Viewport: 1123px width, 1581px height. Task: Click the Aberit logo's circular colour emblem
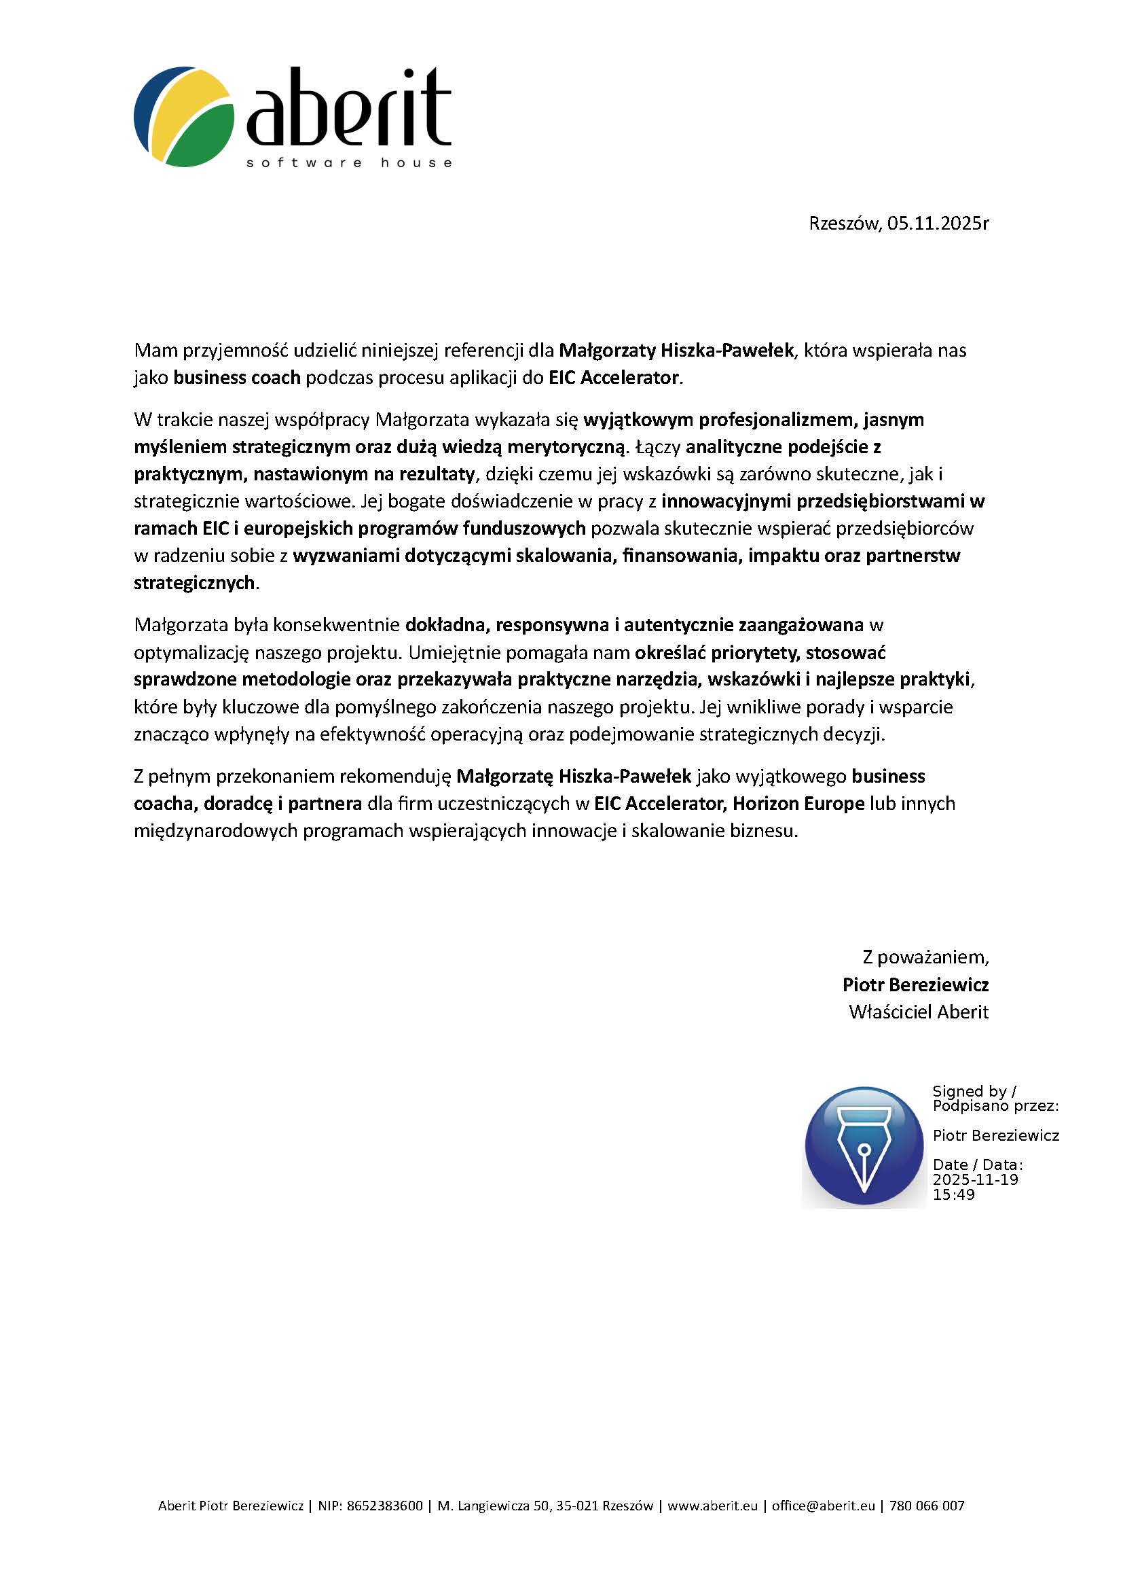pyautogui.click(x=184, y=116)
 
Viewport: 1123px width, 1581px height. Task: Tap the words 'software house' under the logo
pyautogui.click(x=349, y=163)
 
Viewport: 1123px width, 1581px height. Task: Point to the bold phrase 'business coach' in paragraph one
pyautogui.click(x=237, y=377)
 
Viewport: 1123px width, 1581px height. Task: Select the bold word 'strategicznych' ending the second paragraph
pyautogui.click(x=194, y=582)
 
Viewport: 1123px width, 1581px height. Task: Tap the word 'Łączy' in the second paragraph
pyautogui.click(x=658, y=447)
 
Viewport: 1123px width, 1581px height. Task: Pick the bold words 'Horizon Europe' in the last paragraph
pyautogui.click(x=798, y=803)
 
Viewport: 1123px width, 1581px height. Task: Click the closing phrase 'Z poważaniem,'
pyautogui.click(x=925, y=957)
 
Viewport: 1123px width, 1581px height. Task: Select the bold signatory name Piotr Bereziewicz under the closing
pyautogui.click(x=915, y=984)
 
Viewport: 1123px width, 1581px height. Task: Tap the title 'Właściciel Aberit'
pyautogui.click(x=919, y=1012)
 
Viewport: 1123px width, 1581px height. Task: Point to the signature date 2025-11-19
pyautogui.click(x=975, y=1179)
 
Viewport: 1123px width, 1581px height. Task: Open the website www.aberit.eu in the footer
pyautogui.click(x=712, y=1506)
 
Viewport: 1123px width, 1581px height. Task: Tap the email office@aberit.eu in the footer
pyautogui.click(x=823, y=1506)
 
